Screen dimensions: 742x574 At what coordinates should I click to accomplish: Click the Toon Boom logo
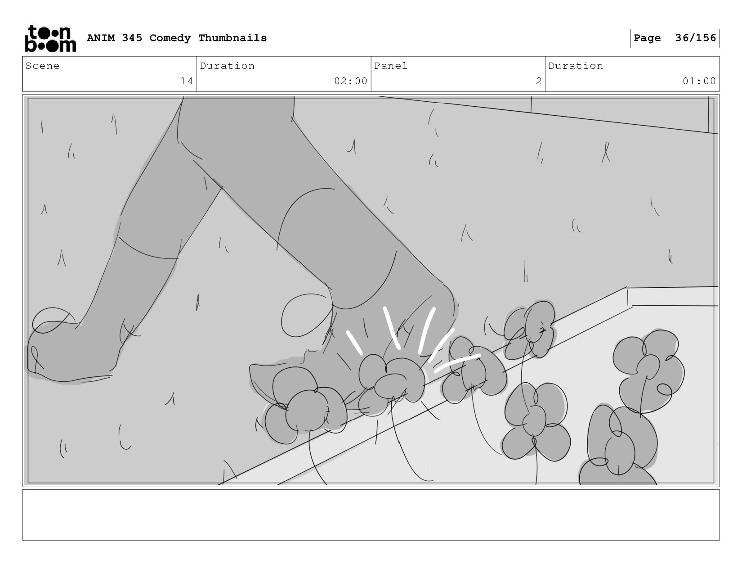[50, 38]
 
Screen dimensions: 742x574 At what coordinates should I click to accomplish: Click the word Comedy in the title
[170, 38]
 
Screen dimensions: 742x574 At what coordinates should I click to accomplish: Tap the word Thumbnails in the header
[232, 37]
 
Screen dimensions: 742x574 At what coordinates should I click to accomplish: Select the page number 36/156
[695, 38]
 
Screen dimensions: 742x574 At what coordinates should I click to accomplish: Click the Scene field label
[42, 66]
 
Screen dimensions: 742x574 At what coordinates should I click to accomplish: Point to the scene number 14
[187, 81]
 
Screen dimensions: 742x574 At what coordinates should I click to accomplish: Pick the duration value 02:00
[351, 81]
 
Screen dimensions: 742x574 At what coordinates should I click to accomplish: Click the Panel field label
[391, 66]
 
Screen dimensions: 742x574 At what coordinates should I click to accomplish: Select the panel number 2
[538, 81]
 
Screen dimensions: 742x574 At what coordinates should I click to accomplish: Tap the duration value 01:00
[699, 81]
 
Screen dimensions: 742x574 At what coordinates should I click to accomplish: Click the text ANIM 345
[114, 38]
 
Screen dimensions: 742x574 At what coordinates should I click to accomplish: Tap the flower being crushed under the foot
[391, 381]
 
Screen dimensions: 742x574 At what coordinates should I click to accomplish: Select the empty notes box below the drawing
[371, 515]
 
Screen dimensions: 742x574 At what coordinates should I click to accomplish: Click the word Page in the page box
[647, 38]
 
